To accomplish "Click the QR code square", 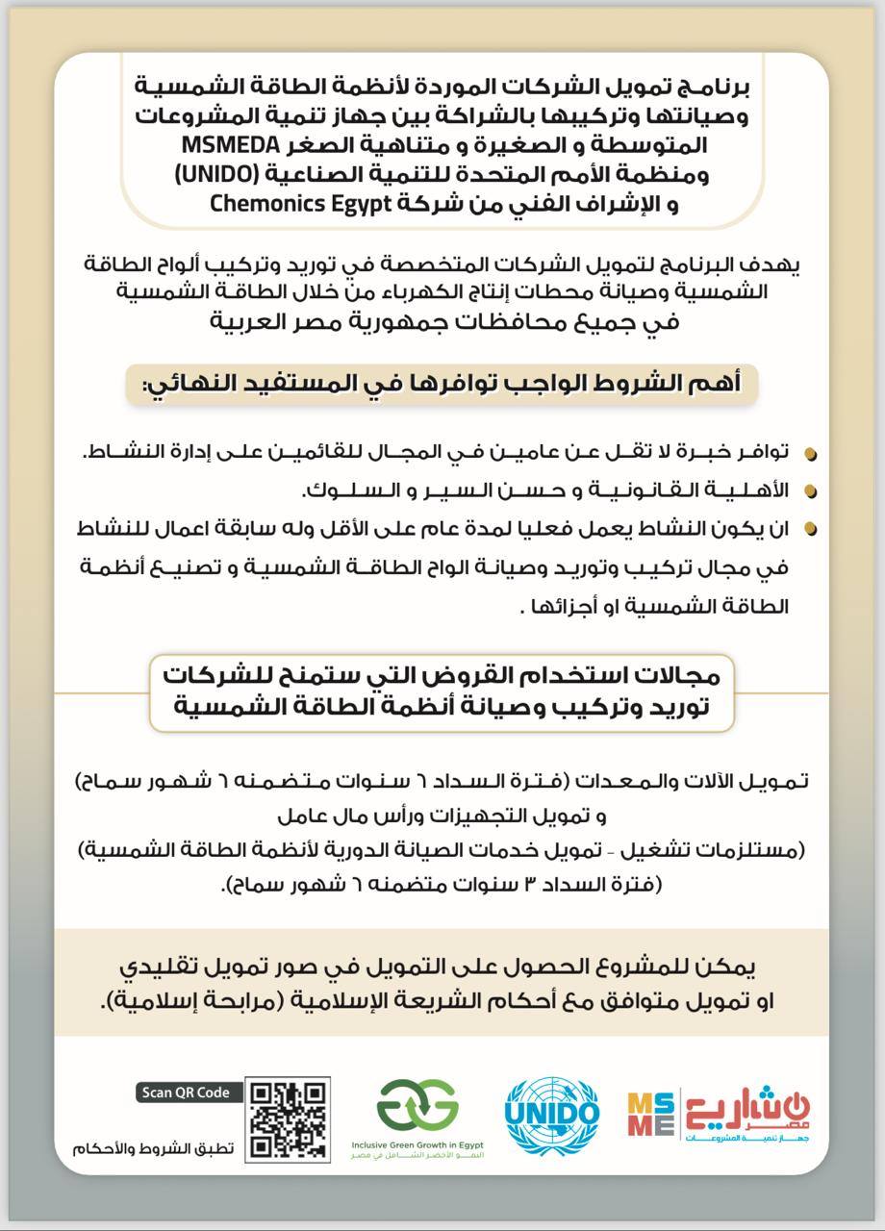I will pyautogui.click(x=289, y=1118).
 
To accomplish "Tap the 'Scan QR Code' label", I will pyautogui.click(x=186, y=1092).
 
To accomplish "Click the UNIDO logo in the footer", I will pyautogui.click(x=552, y=1116).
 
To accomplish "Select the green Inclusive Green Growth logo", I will pyautogui.click(x=417, y=1107).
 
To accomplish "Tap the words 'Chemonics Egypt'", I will pyautogui.click(x=278, y=204).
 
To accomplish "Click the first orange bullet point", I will pyautogui.click(x=811, y=453).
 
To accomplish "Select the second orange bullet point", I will pyautogui.click(x=811, y=491).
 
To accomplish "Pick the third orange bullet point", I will pyautogui.click(x=811, y=528).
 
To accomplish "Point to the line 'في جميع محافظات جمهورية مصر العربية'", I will pyautogui.click(x=444, y=320).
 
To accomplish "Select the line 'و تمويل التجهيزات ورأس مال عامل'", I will pyautogui.click(x=442, y=817).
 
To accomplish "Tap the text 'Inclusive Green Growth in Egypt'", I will pyautogui.click(x=417, y=1146).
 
